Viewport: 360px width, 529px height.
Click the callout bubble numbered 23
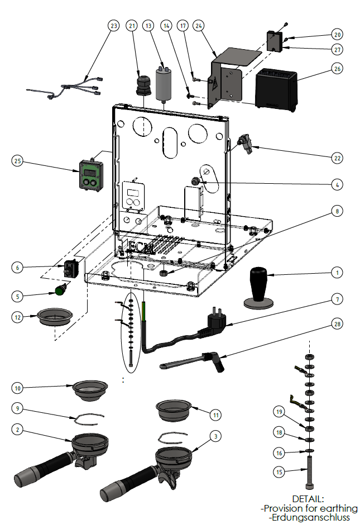click(114, 26)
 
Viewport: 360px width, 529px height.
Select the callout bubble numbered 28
click(337, 323)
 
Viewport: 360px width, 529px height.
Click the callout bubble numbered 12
click(18, 317)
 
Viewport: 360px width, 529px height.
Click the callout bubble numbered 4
click(337, 183)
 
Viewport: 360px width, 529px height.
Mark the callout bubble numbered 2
click(18, 429)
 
